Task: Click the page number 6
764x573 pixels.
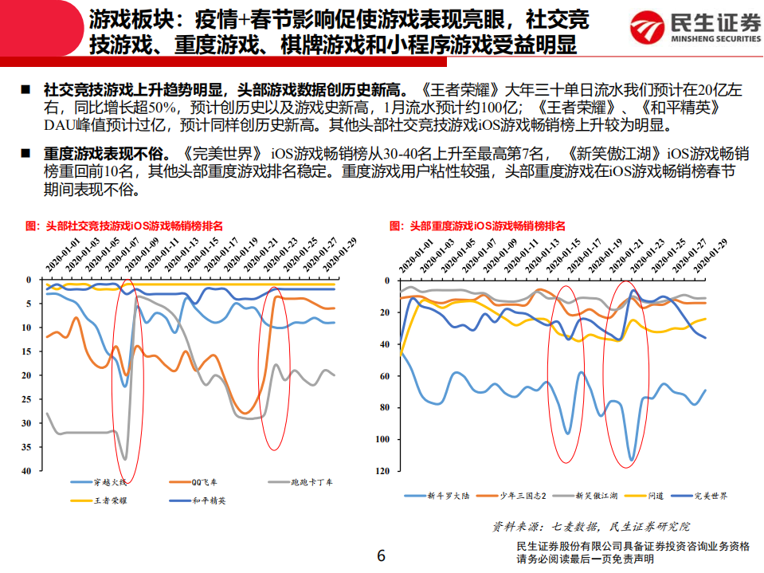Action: point(381,555)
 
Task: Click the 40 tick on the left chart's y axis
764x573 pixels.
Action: point(27,471)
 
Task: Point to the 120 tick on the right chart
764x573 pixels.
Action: point(384,471)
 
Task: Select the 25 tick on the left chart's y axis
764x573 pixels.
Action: point(27,399)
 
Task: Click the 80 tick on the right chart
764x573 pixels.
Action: point(386,407)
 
